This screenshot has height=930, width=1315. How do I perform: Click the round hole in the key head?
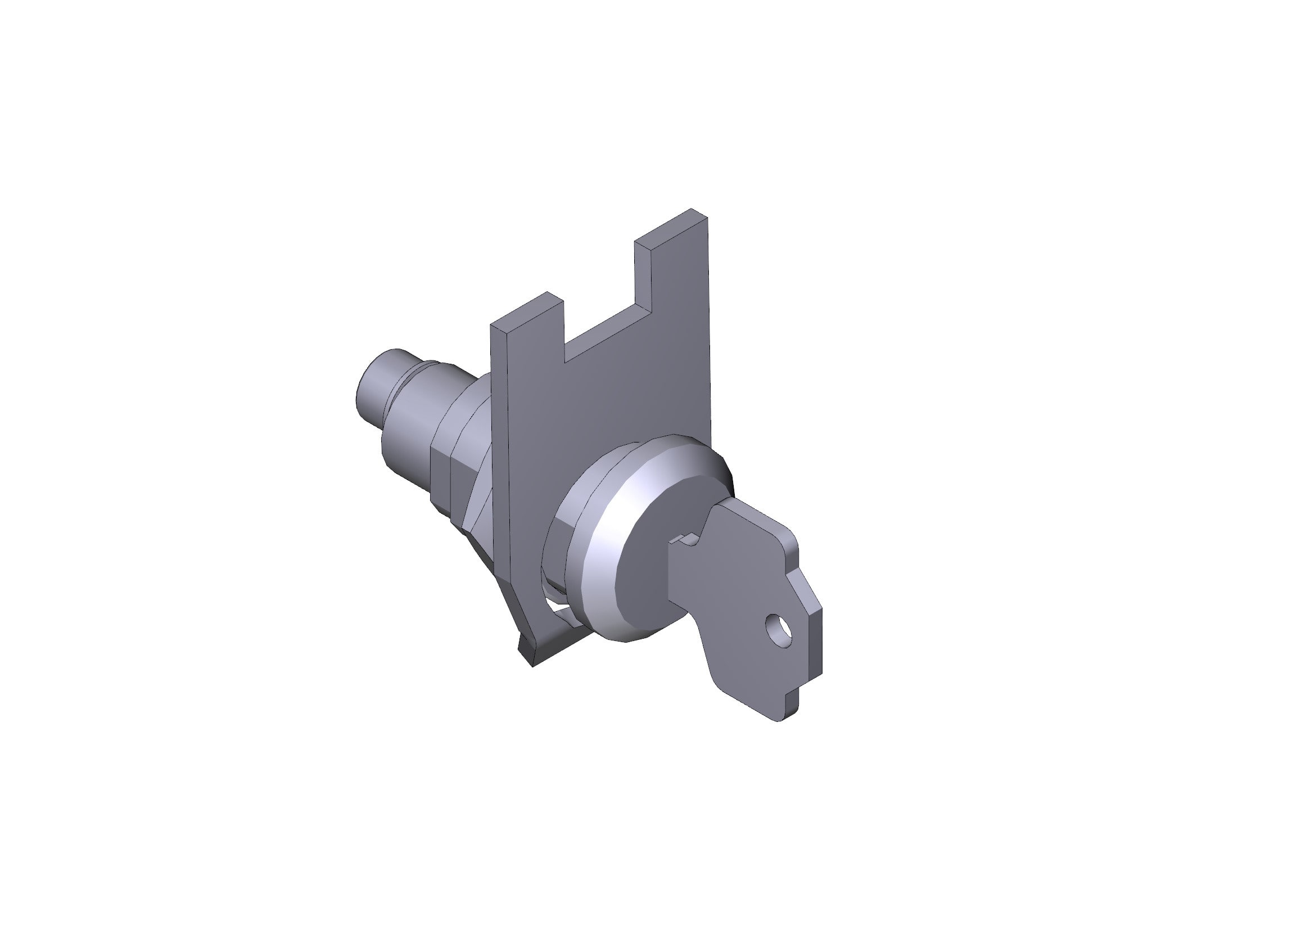(x=779, y=630)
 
